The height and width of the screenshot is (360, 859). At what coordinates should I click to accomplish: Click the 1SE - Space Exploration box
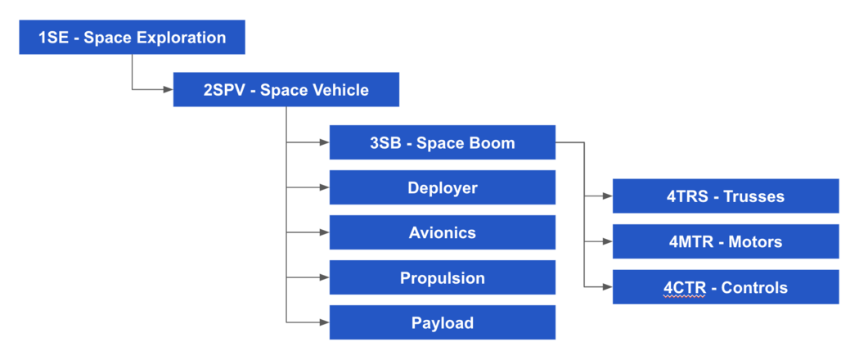pyautogui.click(x=132, y=38)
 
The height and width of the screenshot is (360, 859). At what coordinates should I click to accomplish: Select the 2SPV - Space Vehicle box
pyautogui.click(x=286, y=90)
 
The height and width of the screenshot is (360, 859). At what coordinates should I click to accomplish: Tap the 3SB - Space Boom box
pyautogui.click(x=442, y=142)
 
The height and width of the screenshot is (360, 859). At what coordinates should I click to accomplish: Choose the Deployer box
pyautogui.click(x=442, y=187)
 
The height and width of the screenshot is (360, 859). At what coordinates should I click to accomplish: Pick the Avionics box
pyautogui.click(x=442, y=232)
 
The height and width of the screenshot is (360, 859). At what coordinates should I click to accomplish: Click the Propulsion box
pyautogui.click(x=442, y=277)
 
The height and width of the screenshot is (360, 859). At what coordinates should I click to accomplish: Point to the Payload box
pyautogui.click(x=442, y=322)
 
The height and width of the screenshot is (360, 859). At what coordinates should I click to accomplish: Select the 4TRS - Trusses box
pyautogui.click(x=725, y=196)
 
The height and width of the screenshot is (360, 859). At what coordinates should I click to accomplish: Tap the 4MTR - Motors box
pyautogui.click(x=725, y=241)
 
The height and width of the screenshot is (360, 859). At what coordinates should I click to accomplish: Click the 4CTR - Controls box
pyautogui.click(x=725, y=287)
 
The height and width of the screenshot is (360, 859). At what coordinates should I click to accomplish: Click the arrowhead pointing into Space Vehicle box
pyautogui.click(x=168, y=89)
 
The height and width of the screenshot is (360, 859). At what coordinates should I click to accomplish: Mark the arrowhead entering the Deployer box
pyautogui.click(x=324, y=187)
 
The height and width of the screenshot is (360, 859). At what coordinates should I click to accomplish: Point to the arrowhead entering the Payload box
pyautogui.click(x=324, y=322)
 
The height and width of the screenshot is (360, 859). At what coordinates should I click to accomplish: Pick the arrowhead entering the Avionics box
pyautogui.click(x=324, y=232)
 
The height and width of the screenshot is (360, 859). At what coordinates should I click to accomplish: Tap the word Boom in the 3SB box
pyautogui.click(x=489, y=142)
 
